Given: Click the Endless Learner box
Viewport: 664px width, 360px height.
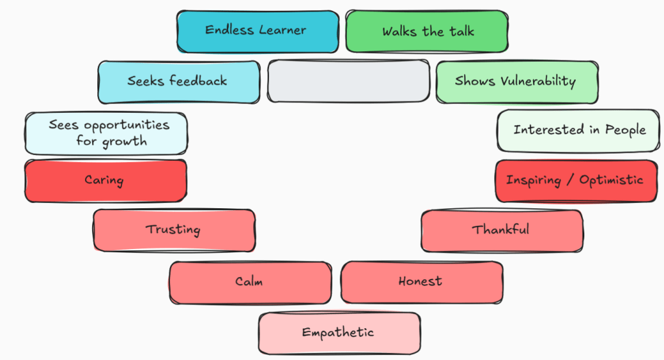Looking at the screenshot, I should point(257,31).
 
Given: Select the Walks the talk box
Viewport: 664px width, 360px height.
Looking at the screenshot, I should point(426,31).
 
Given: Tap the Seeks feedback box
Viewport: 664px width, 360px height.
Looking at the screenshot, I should point(178,82).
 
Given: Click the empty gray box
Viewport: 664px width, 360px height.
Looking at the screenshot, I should point(348,82).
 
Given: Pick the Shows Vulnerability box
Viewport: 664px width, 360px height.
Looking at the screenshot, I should point(516,82).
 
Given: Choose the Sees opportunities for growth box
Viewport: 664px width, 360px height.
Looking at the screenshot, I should point(106,133).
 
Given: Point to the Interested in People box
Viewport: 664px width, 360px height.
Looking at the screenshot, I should point(579,130).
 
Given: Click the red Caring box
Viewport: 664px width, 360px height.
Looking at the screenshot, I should point(105,180).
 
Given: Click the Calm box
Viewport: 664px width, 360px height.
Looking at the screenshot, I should point(250,282).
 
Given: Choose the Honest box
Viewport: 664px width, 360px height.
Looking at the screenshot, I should point(421,282).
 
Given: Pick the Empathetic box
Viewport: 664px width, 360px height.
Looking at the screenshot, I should point(338,333).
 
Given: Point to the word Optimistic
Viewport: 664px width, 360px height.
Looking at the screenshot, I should point(611,180).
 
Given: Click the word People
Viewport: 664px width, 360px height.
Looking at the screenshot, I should point(625,130).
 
